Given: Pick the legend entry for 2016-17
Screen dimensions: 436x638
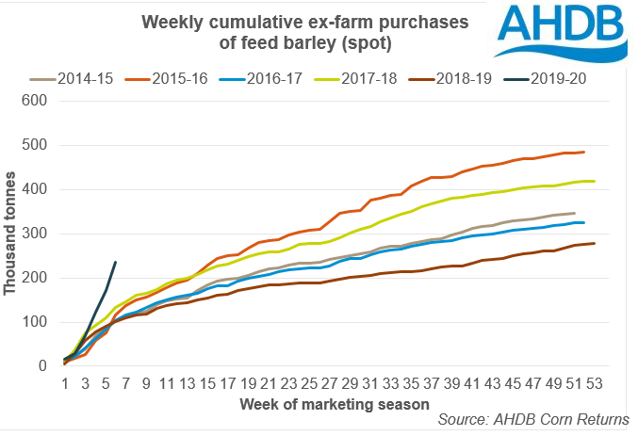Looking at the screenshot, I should click(x=292, y=78).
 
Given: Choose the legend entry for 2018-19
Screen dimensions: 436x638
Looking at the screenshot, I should click(x=479, y=78).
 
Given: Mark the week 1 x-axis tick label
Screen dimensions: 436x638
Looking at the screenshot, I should click(x=65, y=383).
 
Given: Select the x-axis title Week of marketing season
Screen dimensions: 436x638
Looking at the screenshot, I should click(x=335, y=403).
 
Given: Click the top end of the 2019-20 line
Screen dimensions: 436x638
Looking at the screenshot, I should click(x=115, y=263).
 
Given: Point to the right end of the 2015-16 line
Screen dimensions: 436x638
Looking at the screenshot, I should click(x=584, y=152).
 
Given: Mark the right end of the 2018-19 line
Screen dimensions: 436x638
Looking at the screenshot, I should click(x=594, y=243).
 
